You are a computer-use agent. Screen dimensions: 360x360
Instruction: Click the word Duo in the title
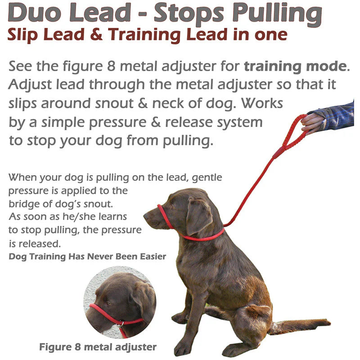tap(38, 14)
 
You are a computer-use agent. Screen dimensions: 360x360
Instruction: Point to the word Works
tap(262, 103)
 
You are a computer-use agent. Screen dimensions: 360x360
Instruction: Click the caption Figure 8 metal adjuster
tap(98, 347)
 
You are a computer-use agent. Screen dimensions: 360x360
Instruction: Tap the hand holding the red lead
tap(311, 122)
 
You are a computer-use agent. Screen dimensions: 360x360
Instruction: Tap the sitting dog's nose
tap(146, 216)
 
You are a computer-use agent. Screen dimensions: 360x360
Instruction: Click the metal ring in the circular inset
tap(120, 324)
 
